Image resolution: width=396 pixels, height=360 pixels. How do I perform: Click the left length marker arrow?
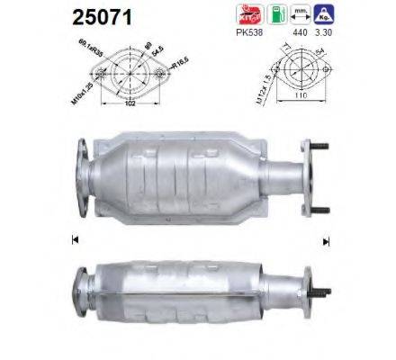coord(73,238)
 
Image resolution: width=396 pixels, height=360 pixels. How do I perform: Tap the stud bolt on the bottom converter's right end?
coord(319,292)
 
